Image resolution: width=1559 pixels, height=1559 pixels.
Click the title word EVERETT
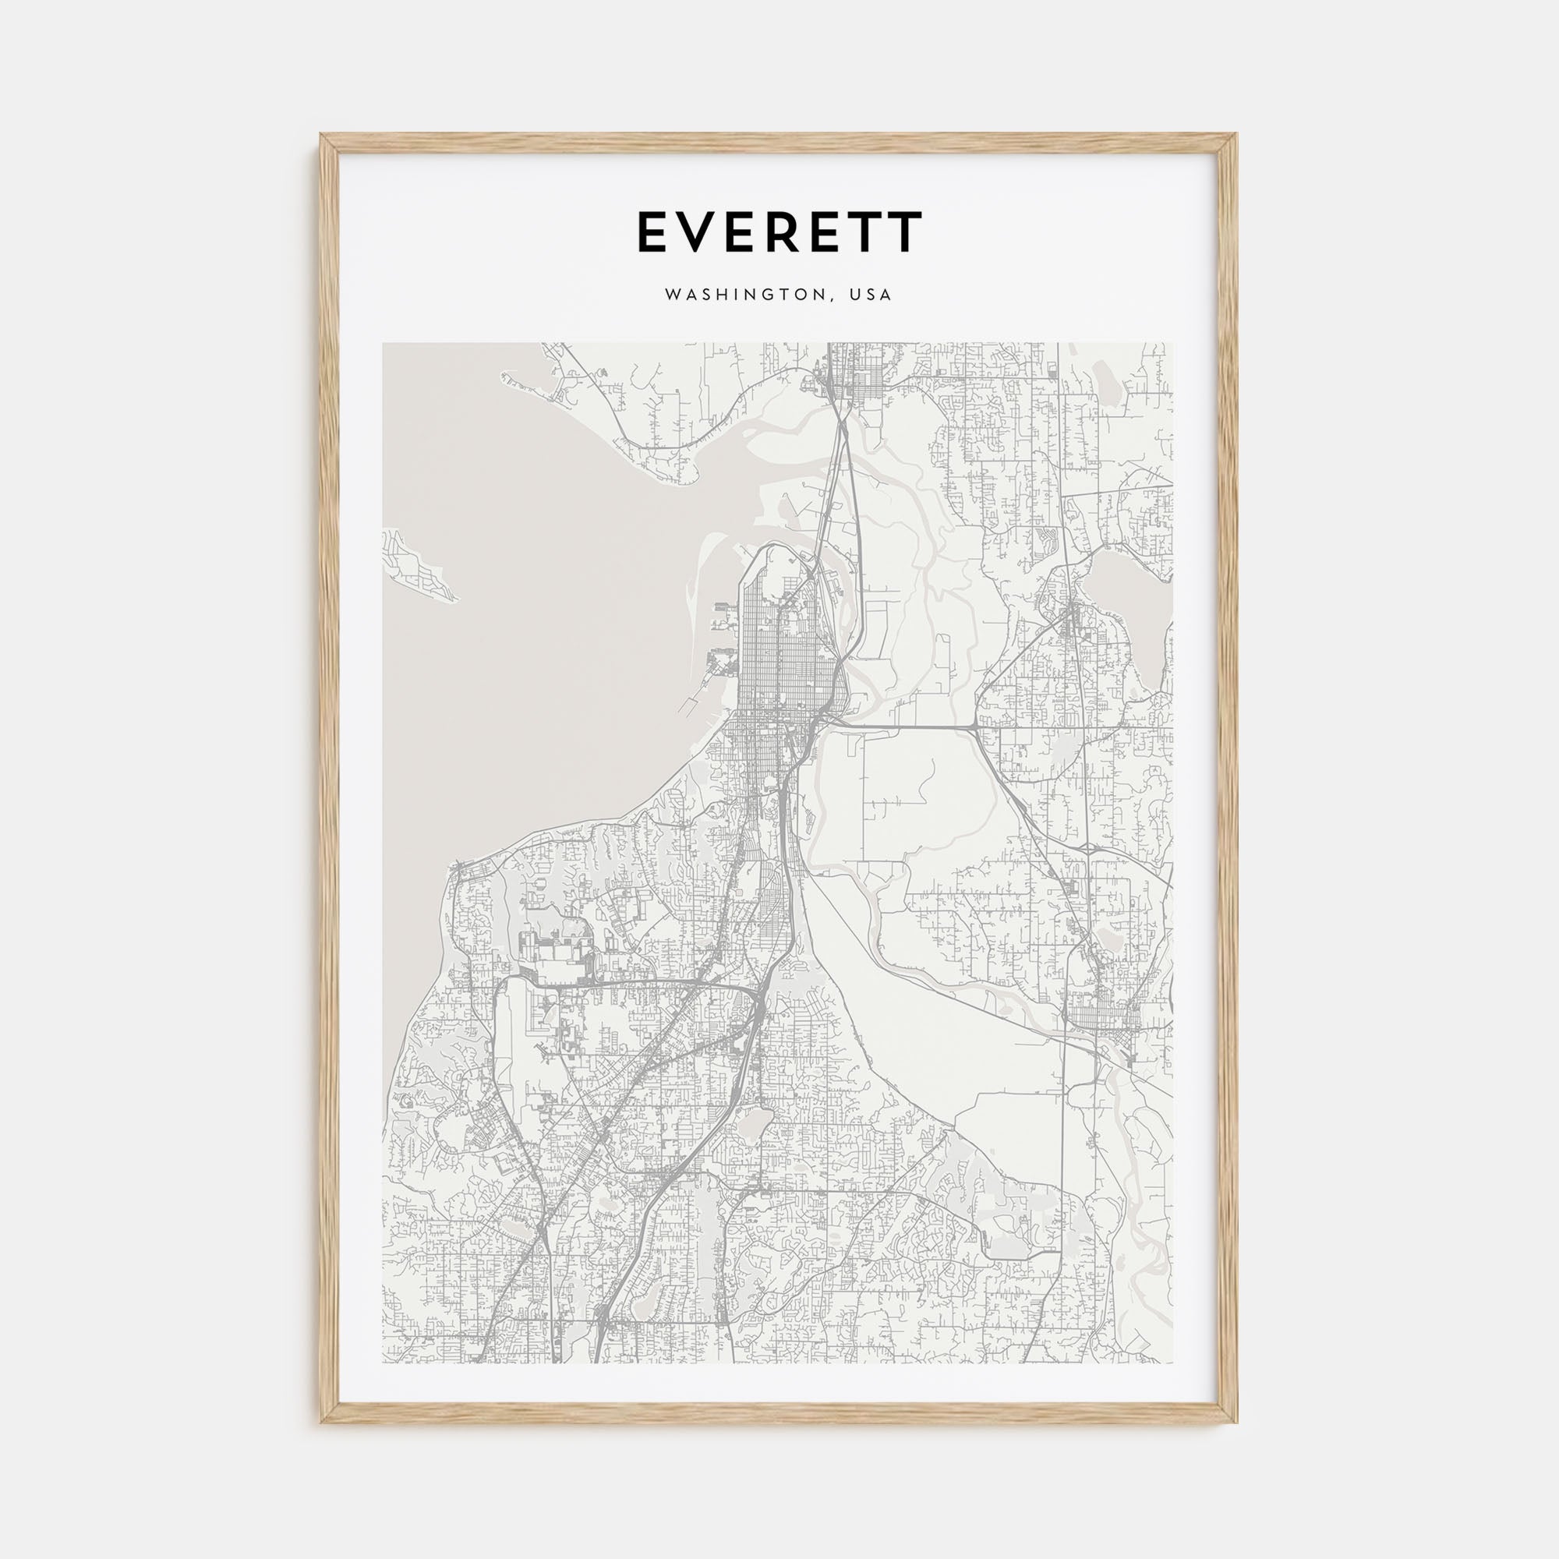pos(779,232)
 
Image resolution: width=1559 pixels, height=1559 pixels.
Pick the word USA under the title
pos(870,295)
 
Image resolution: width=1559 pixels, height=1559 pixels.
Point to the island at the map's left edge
pos(415,565)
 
